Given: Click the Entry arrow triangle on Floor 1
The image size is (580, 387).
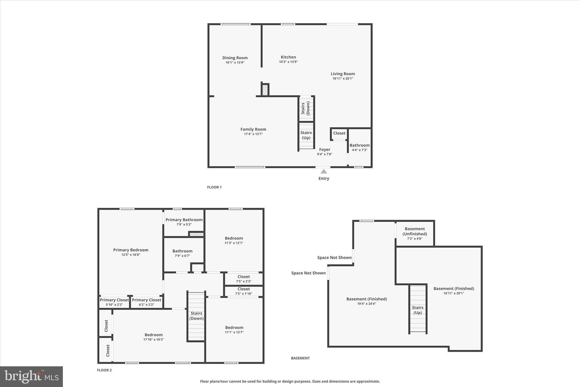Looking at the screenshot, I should click(x=324, y=172).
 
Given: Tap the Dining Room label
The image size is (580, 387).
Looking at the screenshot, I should click(x=235, y=58).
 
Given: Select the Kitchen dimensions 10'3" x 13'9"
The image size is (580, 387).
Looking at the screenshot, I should click(x=288, y=62).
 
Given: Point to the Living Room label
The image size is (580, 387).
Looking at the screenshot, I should click(x=343, y=74).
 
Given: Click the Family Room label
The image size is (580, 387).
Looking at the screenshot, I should click(x=253, y=129).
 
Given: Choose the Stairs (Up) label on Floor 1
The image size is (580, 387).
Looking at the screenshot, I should click(x=306, y=135).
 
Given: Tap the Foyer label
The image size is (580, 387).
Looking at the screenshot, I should click(x=325, y=149).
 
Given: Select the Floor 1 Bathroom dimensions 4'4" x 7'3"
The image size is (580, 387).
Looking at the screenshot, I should click(x=359, y=150).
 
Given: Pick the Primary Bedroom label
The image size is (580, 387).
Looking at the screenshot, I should click(x=131, y=250).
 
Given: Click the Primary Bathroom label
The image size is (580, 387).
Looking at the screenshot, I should click(x=184, y=220).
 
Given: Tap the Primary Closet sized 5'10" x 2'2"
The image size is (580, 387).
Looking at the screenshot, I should click(x=114, y=302).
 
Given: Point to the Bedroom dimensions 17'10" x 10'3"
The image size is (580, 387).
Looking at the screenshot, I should click(x=153, y=340).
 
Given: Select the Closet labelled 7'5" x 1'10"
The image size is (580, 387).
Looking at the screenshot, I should click(x=244, y=291).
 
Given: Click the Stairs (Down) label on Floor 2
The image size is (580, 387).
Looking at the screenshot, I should click(x=196, y=316).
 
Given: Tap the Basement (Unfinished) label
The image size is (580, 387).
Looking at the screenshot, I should click(x=415, y=231).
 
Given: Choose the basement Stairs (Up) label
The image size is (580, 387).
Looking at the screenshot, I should click(x=417, y=310).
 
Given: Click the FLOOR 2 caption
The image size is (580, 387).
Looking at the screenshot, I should click(x=104, y=370).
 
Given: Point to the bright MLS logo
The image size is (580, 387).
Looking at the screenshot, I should click(x=31, y=377).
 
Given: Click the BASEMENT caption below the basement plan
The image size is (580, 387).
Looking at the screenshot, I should click(x=300, y=358).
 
